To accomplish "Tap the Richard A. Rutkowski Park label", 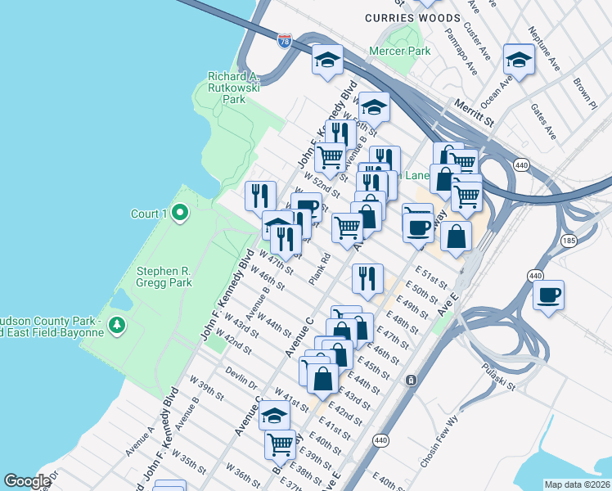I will [234, 88].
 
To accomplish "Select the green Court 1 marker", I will [181, 214].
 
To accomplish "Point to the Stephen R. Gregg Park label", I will [164, 276].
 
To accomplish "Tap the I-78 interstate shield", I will [285, 40].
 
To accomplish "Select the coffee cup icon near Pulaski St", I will [548, 294].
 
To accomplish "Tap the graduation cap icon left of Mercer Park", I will [326, 60].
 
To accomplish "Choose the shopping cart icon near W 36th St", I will [280, 444].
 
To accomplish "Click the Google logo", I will [27, 481].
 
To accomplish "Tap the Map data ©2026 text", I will [577, 484].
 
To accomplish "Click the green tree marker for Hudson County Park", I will [118, 326].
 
